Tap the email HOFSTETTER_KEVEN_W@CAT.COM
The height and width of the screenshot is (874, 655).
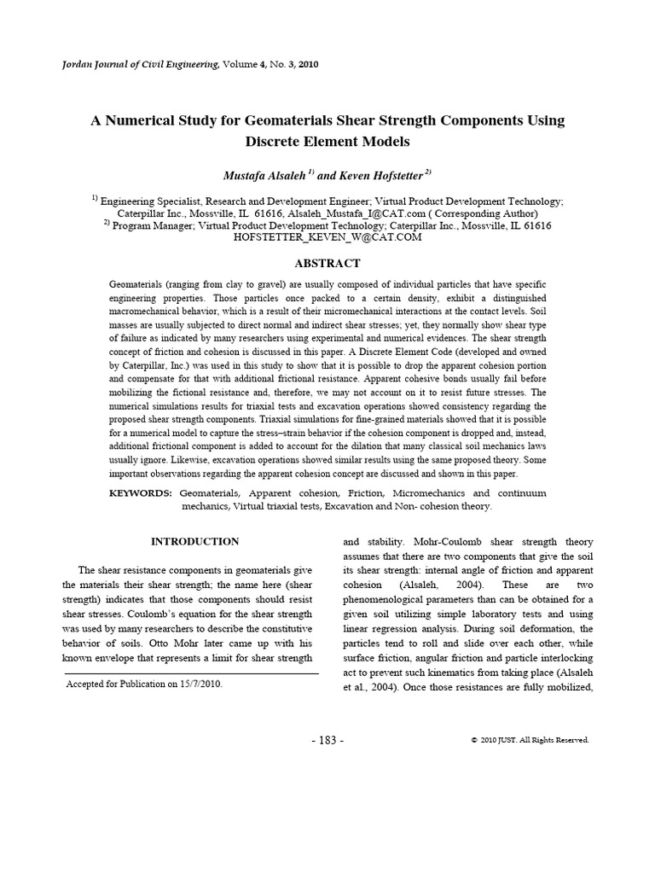(x=327, y=237)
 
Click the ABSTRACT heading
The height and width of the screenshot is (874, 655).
(x=327, y=264)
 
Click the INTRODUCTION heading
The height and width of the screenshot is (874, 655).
(x=194, y=541)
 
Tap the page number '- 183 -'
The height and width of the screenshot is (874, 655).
(x=327, y=740)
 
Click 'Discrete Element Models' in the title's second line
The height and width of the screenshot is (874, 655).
(x=327, y=141)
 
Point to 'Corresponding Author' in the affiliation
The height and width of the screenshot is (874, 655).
(x=490, y=213)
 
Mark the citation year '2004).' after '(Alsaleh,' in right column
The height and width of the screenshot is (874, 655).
(x=466, y=585)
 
